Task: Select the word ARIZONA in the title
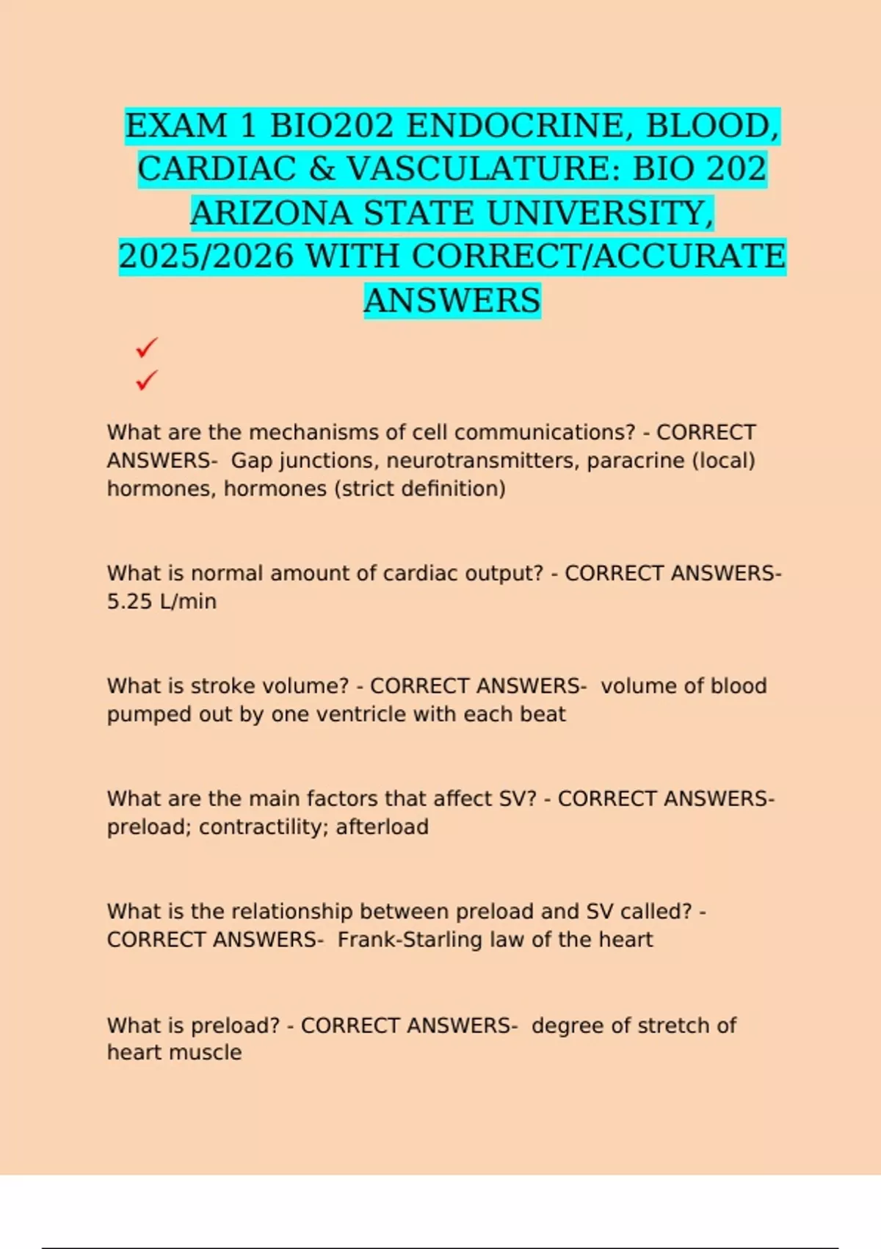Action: pyautogui.click(x=271, y=213)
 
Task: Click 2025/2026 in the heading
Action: pyautogui.click(x=206, y=256)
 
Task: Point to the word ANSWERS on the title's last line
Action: pyautogui.click(x=452, y=300)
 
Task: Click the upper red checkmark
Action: pyautogui.click(x=147, y=347)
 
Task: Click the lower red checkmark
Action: pyautogui.click(x=147, y=380)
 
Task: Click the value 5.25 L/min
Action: pyautogui.click(x=162, y=602)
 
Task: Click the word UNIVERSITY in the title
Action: pyautogui.click(x=600, y=213)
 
